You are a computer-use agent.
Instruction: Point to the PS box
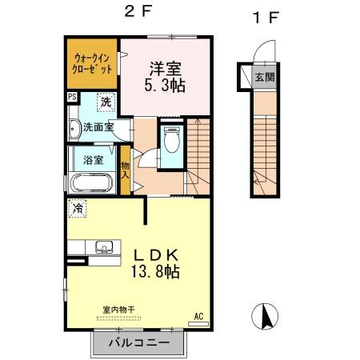click(x=72, y=98)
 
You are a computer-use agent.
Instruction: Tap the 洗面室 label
click(x=98, y=126)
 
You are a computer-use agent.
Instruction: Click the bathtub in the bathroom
click(x=94, y=182)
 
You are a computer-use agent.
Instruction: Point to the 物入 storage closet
click(x=126, y=170)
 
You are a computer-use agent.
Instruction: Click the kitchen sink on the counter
click(x=102, y=246)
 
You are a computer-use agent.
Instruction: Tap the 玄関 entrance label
click(x=262, y=78)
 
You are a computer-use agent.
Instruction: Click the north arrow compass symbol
click(x=266, y=317)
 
